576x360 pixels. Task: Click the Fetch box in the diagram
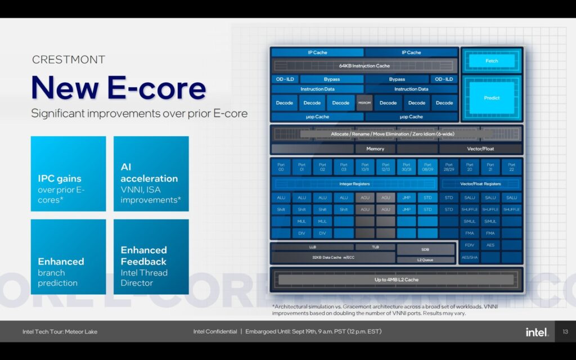(x=492, y=61)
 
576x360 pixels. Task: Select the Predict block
(x=492, y=98)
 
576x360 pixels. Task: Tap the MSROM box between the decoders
(x=364, y=103)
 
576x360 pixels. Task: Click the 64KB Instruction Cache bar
(x=364, y=66)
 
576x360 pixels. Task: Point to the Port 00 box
(x=281, y=167)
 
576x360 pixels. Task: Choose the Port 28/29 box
(x=448, y=167)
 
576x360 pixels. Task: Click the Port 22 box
(x=511, y=167)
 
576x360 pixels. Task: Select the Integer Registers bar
(x=353, y=184)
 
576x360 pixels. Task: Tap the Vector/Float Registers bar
(x=480, y=184)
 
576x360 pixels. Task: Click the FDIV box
(x=469, y=245)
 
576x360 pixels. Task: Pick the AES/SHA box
(x=469, y=257)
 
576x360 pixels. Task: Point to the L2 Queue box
(x=425, y=260)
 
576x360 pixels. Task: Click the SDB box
(x=425, y=249)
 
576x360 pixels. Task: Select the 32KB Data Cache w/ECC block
(x=332, y=257)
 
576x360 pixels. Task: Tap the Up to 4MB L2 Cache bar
(x=396, y=280)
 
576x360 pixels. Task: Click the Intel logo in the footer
(x=537, y=332)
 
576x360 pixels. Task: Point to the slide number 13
(x=565, y=332)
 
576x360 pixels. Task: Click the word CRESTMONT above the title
(x=69, y=60)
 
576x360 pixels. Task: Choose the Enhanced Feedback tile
(x=151, y=257)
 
